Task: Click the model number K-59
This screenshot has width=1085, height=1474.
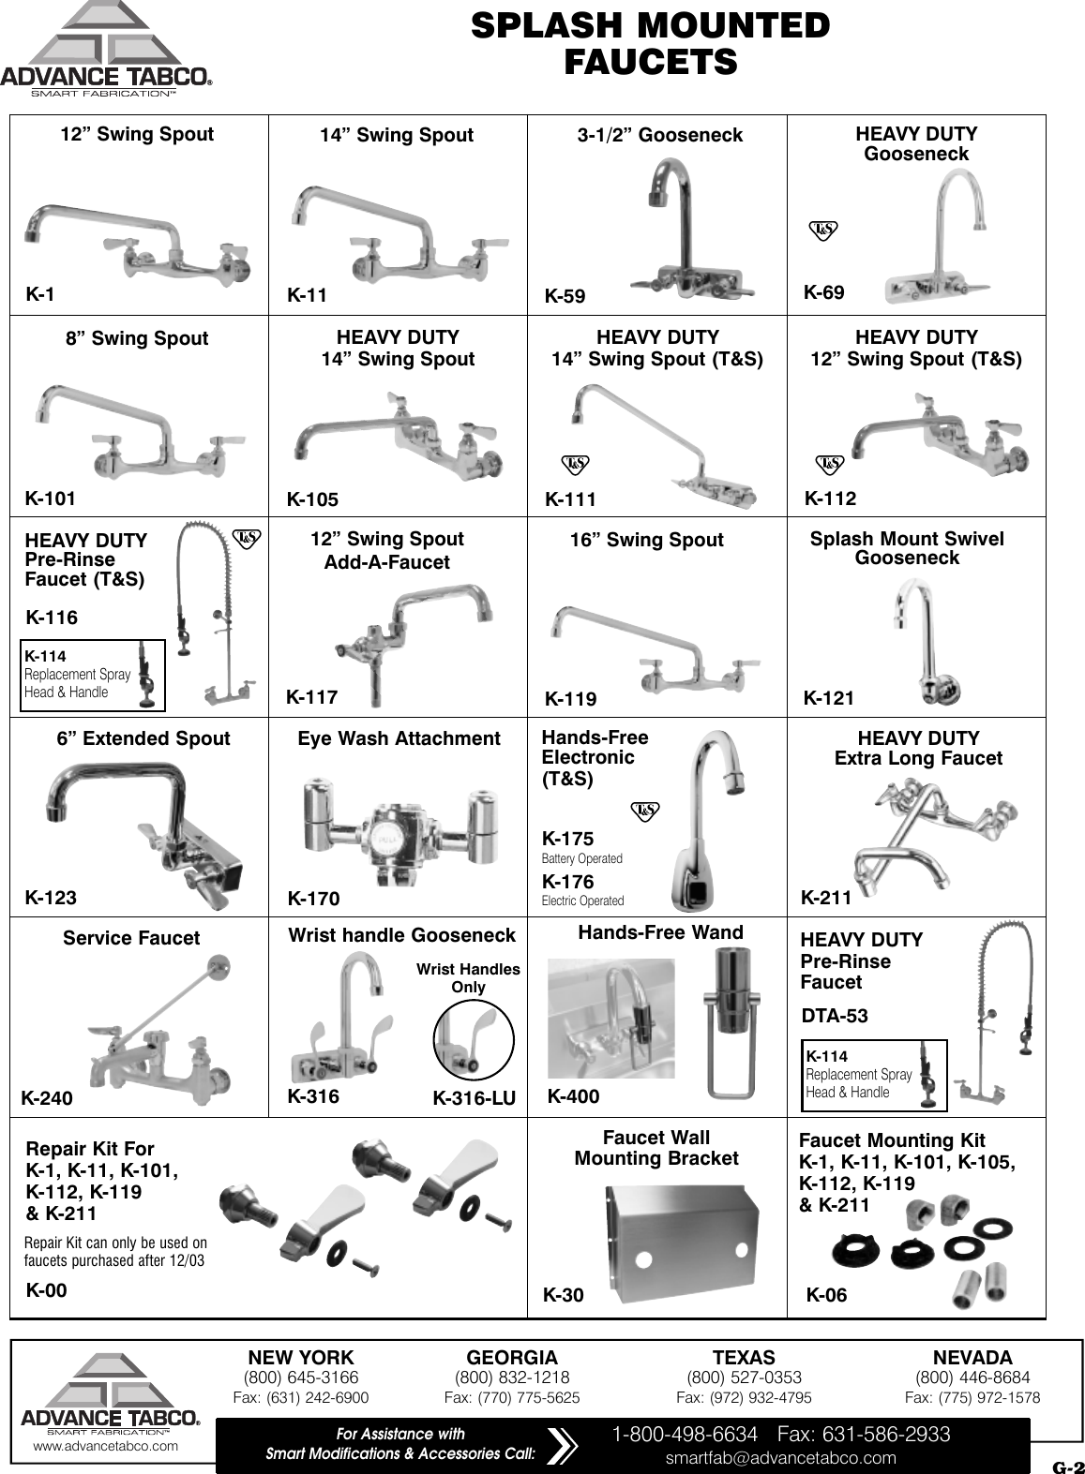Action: point(565,297)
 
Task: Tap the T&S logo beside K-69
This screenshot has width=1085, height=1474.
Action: point(822,230)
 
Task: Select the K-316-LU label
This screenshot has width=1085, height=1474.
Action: point(474,1098)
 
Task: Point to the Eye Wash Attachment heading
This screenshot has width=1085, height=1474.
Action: point(399,738)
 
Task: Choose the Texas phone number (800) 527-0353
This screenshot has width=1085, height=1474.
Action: point(744,1377)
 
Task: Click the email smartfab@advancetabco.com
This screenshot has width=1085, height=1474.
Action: point(780,1458)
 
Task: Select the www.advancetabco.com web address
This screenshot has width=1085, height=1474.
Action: point(105,1446)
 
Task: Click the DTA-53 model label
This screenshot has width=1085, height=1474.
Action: point(834,1016)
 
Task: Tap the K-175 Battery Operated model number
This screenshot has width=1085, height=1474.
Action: point(567,839)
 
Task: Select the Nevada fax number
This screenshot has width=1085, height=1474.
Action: point(972,1397)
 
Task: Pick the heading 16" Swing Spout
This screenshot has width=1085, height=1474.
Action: point(646,540)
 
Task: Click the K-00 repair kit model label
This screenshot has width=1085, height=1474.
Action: point(46,1290)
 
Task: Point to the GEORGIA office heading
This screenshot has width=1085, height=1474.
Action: point(511,1358)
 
